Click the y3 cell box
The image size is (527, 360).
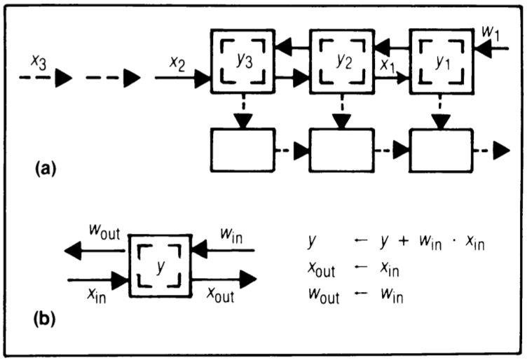pyautogui.click(x=240, y=61)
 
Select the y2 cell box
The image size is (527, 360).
pyautogui.click(x=340, y=61)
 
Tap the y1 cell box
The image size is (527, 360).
pyautogui.click(x=440, y=61)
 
